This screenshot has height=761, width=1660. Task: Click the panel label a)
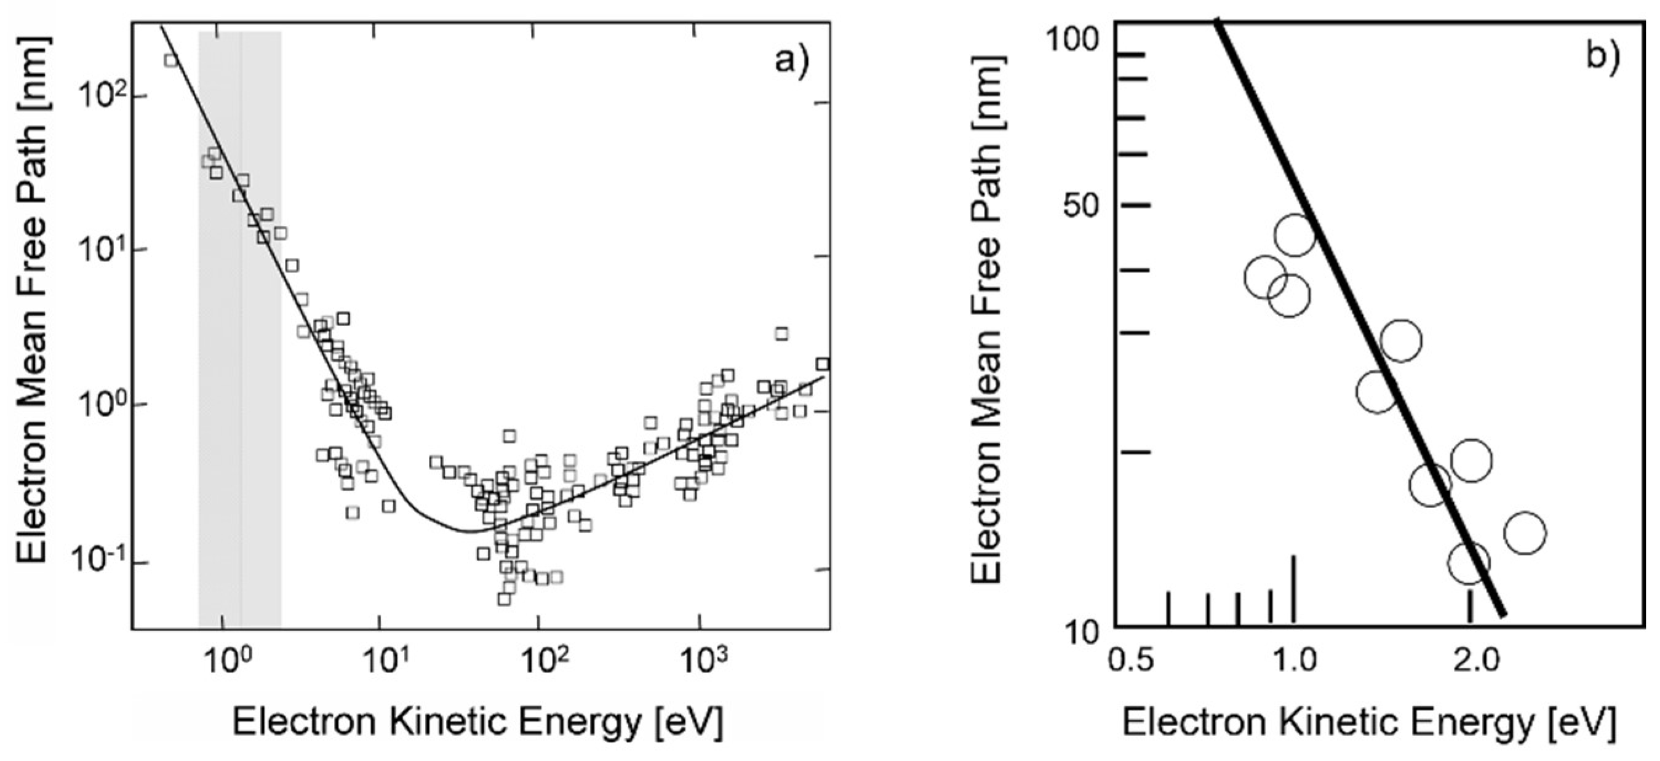coord(790,63)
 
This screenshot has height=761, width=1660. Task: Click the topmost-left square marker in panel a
coord(171,60)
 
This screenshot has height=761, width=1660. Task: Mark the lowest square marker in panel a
coord(504,599)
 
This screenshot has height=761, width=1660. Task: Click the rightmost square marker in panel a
coord(822,364)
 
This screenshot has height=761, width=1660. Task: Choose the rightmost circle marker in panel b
coord(1525,532)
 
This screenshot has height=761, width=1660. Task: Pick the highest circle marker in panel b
coord(1294,235)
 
